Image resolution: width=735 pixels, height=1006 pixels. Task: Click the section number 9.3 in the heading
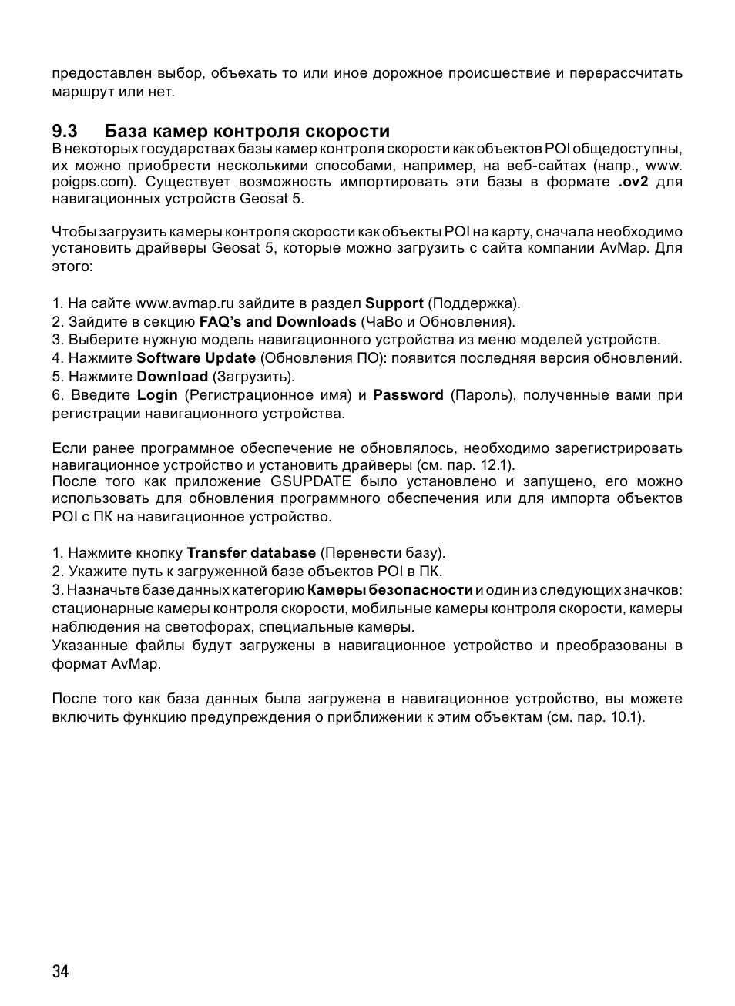coord(68,131)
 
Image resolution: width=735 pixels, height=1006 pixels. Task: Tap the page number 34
coord(61,971)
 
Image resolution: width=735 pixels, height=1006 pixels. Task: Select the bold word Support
coord(394,303)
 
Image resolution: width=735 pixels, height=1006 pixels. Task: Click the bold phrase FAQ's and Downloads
coord(277,322)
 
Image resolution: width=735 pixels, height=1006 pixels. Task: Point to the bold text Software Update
coord(196,358)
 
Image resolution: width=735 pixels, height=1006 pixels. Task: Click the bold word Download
coord(172,377)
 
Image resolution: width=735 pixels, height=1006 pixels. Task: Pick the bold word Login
coord(157,395)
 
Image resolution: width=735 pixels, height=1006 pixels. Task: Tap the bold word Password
coord(408,395)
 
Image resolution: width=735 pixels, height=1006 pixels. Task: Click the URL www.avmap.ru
coord(184,303)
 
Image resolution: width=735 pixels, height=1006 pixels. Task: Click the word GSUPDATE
coord(310,481)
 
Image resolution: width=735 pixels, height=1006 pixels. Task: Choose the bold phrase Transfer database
coord(251,553)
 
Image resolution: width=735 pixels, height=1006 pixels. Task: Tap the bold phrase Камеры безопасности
coord(390,590)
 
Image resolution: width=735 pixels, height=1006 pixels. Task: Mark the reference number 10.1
coord(628,717)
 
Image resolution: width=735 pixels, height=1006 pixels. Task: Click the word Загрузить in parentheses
coord(253,377)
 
